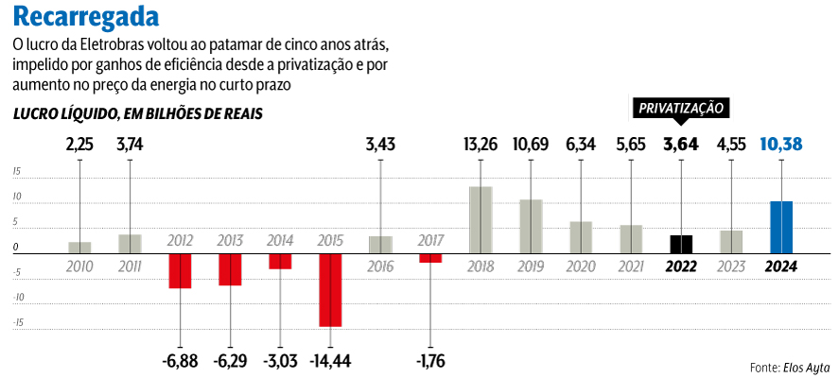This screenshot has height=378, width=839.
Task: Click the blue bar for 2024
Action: (x=780, y=227)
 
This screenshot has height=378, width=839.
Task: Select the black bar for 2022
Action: (x=681, y=244)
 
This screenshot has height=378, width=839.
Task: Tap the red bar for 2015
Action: (x=330, y=290)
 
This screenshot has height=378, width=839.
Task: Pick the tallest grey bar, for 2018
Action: (x=481, y=219)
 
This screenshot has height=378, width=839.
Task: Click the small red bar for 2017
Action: (x=430, y=258)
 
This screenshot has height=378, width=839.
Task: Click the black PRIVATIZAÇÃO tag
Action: (x=681, y=108)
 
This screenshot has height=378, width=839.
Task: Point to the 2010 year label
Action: (x=79, y=266)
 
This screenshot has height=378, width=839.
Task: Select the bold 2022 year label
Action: (x=681, y=266)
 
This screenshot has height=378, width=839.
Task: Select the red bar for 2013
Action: (x=230, y=269)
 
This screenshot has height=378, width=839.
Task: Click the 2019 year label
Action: (x=531, y=266)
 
